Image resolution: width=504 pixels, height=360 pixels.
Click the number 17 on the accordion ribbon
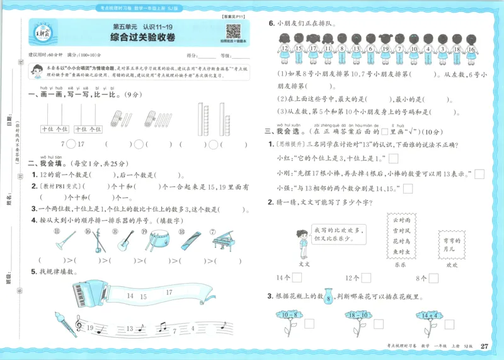169,293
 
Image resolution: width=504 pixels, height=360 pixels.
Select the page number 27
484,345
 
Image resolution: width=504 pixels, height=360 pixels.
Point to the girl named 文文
303,241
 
